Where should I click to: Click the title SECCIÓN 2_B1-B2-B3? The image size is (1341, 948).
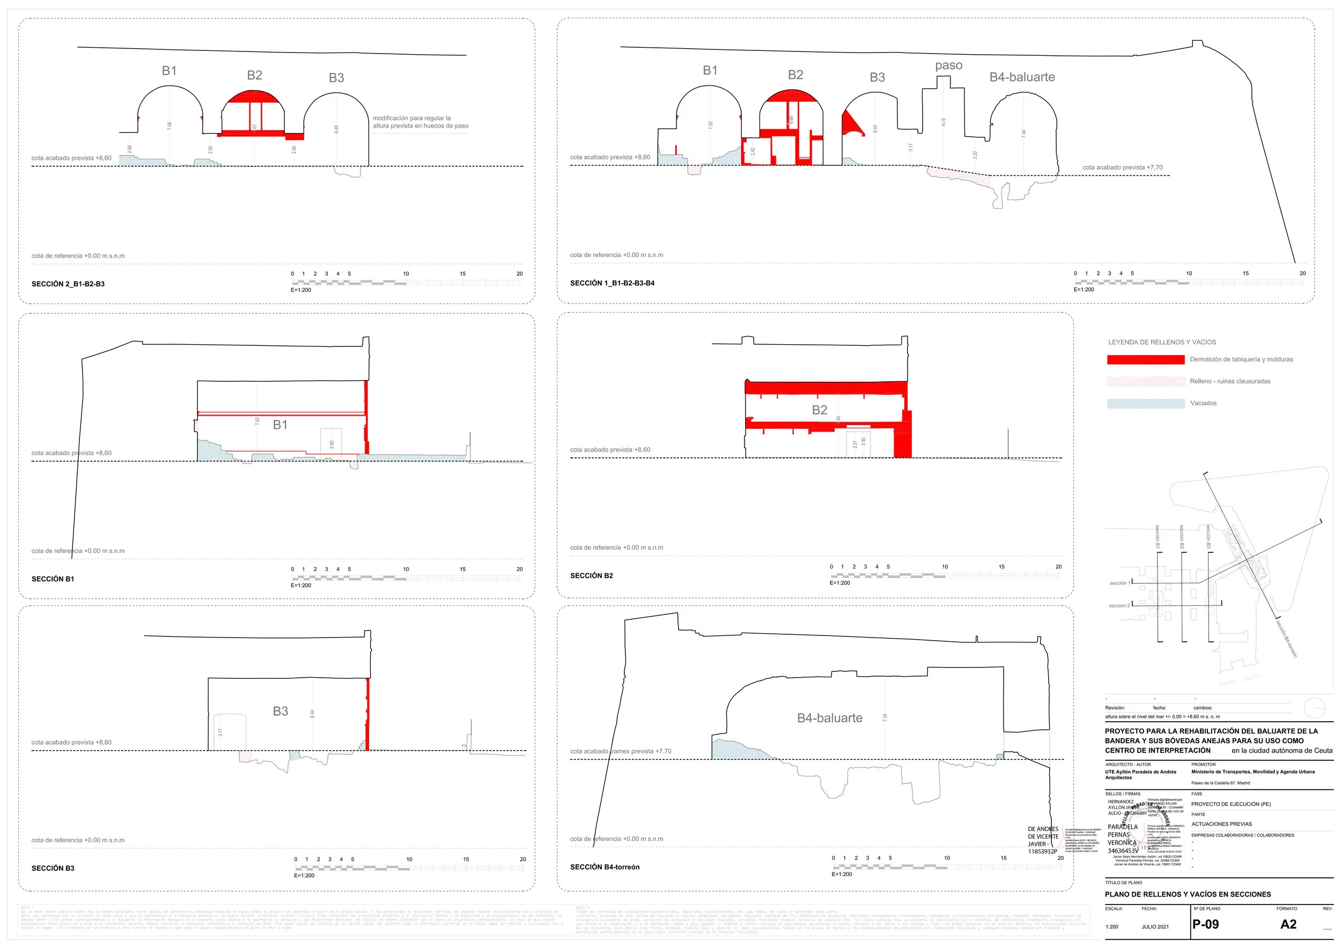[68, 284]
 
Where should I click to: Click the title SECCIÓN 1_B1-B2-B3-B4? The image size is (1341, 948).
[612, 283]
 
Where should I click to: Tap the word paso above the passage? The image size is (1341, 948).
[948, 65]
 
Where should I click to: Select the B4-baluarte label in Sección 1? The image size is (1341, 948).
[1021, 77]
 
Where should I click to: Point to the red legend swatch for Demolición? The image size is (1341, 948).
[1145, 360]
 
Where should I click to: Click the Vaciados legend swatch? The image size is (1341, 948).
[1145, 403]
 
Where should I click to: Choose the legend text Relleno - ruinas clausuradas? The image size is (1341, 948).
[1230, 381]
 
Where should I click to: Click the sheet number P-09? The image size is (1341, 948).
[1205, 924]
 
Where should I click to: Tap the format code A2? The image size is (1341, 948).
[1288, 924]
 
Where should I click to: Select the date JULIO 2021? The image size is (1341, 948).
[1155, 927]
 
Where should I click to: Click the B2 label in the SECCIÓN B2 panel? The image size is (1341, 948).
[820, 410]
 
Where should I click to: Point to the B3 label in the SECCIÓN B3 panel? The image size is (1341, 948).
[281, 711]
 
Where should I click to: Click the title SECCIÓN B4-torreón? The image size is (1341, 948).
[605, 867]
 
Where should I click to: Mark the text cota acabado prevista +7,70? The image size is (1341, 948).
[1122, 167]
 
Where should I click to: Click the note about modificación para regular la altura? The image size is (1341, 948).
[420, 122]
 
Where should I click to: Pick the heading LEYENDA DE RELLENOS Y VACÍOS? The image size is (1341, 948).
[1162, 342]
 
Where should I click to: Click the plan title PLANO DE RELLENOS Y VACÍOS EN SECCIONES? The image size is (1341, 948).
[1188, 894]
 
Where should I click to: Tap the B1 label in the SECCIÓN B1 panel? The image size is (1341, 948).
[281, 425]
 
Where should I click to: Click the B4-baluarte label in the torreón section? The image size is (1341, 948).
[829, 718]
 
